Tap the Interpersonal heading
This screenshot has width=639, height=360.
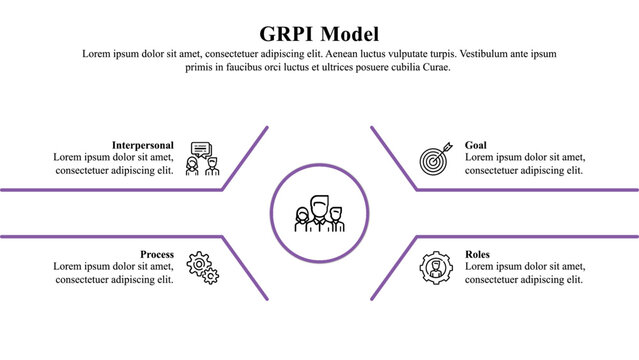(143, 145)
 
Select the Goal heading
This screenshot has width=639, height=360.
(476, 145)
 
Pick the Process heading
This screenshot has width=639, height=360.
(157, 254)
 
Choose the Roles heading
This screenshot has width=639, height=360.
(478, 254)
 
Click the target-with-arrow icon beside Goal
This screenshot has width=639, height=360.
(436, 158)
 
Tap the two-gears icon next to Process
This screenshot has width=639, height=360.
(203, 267)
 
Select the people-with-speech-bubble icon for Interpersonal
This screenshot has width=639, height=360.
(202, 158)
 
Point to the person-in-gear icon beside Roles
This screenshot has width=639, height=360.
(436, 267)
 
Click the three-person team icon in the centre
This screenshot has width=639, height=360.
(319, 213)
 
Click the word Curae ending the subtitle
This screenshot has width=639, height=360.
(436, 67)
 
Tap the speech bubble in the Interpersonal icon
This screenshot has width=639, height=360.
(202, 149)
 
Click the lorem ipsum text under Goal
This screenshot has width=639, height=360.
(525, 164)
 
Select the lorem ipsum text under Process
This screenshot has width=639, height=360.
(114, 273)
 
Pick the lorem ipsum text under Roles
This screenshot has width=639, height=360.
(525, 273)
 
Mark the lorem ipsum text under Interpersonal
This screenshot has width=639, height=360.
(114, 164)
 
